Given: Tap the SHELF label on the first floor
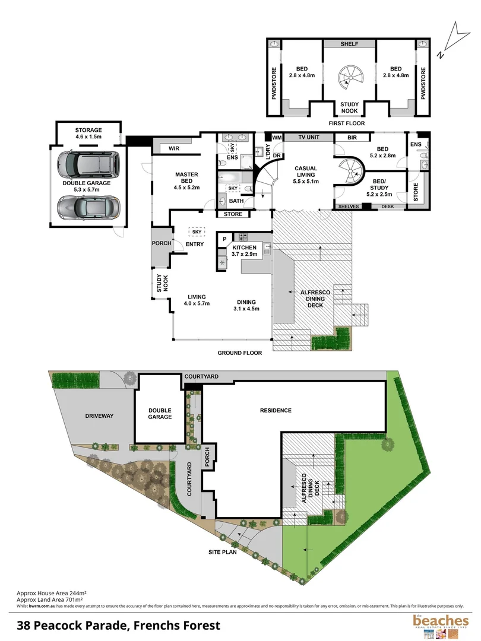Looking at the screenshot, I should [x=349, y=45].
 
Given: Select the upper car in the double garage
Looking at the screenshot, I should [x=88, y=163].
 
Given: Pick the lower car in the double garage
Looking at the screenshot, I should [x=87, y=206].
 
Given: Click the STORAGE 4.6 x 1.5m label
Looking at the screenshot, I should [x=88, y=134].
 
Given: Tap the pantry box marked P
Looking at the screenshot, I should [x=224, y=239].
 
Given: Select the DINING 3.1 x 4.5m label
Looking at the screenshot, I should [x=248, y=304].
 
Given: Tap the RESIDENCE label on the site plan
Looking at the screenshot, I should [x=275, y=411].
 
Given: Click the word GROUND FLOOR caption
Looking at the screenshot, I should [x=239, y=353].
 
